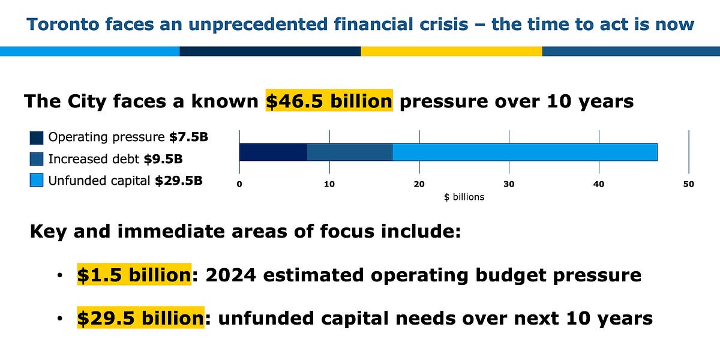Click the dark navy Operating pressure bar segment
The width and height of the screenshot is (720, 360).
tap(273, 152)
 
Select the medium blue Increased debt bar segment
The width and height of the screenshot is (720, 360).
tap(349, 152)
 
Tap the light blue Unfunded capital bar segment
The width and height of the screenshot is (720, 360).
tap(524, 152)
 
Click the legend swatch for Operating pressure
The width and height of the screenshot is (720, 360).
tap(37, 138)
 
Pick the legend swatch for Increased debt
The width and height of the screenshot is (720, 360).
tap(37, 159)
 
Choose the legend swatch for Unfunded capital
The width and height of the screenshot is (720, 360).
tap(37, 180)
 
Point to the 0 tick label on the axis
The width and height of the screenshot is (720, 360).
tap(239, 184)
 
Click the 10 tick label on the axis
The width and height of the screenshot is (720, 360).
tap(329, 184)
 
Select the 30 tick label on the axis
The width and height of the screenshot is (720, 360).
tap(509, 184)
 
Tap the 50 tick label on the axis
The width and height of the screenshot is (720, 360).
tap(688, 184)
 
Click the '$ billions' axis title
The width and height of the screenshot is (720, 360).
tap(464, 197)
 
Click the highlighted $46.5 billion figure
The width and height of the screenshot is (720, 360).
tap(329, 101)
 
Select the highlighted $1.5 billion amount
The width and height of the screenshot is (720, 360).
tap(133, 275)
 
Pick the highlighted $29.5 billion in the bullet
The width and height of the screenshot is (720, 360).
tap(140, 318)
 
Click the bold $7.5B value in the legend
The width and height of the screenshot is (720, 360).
tap(188, 137)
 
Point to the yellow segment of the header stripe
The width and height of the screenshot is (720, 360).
tap(451, 52)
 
